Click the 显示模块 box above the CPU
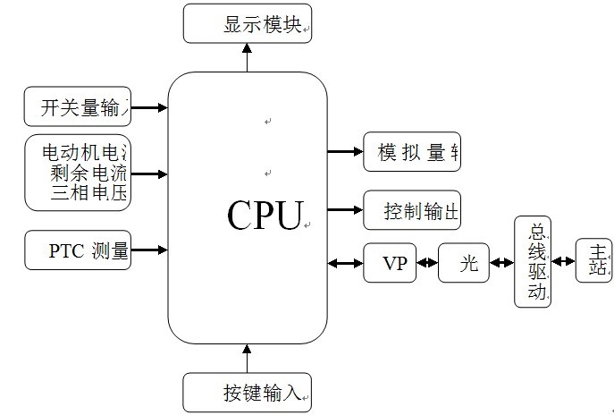[248, 24]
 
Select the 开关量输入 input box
[78, 107]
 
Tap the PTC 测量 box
[78, 250]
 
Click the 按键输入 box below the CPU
[248, 392]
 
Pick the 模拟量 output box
[412, 152]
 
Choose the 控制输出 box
[412, 211]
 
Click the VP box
[391, 264]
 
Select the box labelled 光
[464, 264]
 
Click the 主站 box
[594, 261]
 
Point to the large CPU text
[265, 216]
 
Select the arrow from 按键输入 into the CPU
[248, 358]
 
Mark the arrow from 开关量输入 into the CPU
[149, 107]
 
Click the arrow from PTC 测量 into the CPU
[149, 250]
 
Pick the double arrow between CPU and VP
[346, 264]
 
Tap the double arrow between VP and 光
[427, 264]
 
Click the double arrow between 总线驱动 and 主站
[563, 262]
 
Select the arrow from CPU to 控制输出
[345, 211]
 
